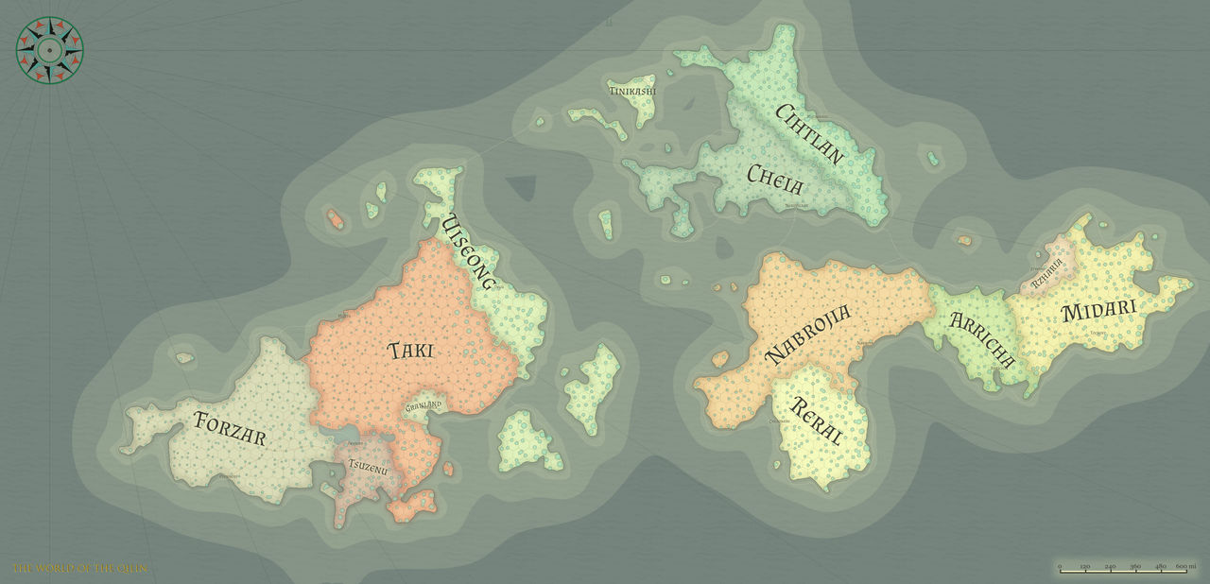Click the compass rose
(49, 50)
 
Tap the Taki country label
(411, 351)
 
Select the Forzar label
(230, 429)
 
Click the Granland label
(423, 405)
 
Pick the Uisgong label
(469, 252)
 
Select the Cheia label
(774, 177)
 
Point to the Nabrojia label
(808, 334)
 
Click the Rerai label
(815, 421)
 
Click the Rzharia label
(1047, 272)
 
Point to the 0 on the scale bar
(1060, 566)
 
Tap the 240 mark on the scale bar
(1110, 566)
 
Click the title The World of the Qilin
(79, 568)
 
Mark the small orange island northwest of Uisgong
(335, 219)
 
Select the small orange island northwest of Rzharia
(963, 241)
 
